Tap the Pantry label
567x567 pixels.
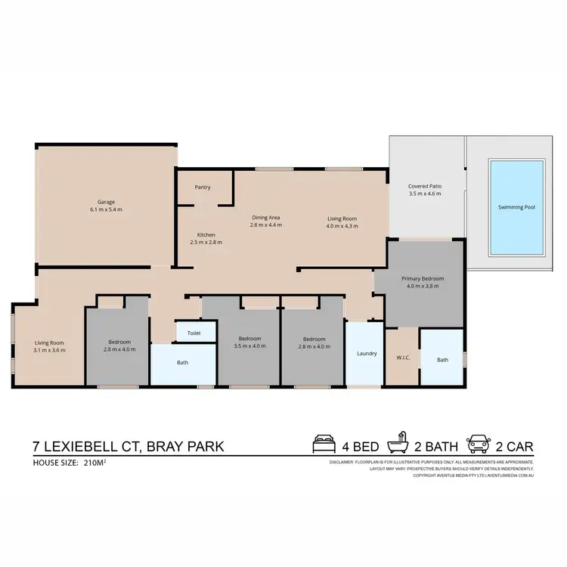point(203,187)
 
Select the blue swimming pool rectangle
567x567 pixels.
point(516,207)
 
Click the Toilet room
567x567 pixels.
point(194,332)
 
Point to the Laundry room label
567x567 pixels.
point(367,353)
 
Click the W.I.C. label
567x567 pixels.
point(403,357)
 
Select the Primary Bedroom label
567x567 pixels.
point(423,279)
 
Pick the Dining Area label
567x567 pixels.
point(266,218)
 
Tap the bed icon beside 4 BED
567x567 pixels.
point(324,444)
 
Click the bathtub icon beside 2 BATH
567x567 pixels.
point(398,444)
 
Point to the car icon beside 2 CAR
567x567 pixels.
point(479,444)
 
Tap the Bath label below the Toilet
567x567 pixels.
point(182,363)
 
